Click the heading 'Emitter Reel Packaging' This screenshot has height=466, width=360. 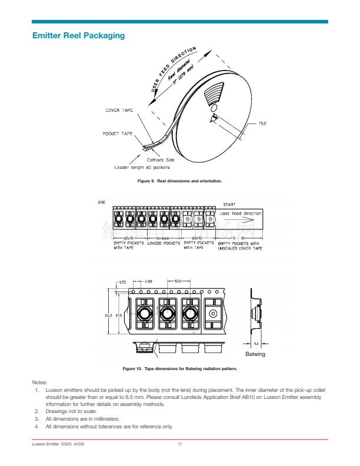(78, 36)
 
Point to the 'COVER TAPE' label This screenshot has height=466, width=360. (119, 110)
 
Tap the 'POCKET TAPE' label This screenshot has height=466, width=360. (118, 134)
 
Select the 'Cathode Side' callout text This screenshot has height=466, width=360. (161, 160)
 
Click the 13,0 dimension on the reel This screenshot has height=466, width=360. (262, 124)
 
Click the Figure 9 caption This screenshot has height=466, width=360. (179, 180)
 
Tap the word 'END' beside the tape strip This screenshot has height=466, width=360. (102, 203)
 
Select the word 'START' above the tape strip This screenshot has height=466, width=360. (229, 204)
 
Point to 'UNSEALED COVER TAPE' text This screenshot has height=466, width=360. (240, 248)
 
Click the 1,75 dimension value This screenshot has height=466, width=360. (123, 282)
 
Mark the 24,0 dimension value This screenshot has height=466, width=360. (108, 316)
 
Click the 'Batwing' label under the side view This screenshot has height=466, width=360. (255, 354)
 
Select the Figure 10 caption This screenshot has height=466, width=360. (179, 368)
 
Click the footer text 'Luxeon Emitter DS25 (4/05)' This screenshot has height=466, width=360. (58, 451)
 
